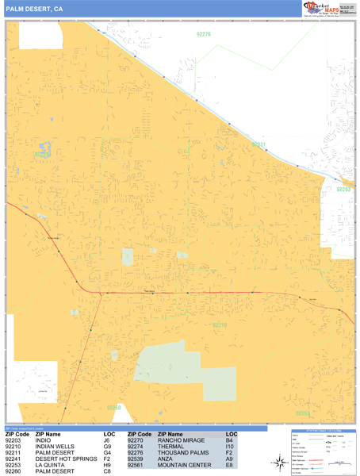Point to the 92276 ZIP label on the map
click(204, 34)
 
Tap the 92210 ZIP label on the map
click(220, 324)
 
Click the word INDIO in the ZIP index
click(54, 441)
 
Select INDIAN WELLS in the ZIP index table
click(63, 447)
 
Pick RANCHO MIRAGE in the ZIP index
click(180, 441)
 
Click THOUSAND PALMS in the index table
click(182, 453)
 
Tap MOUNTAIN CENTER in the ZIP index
click(185, 466)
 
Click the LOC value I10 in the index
click(229, 447)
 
